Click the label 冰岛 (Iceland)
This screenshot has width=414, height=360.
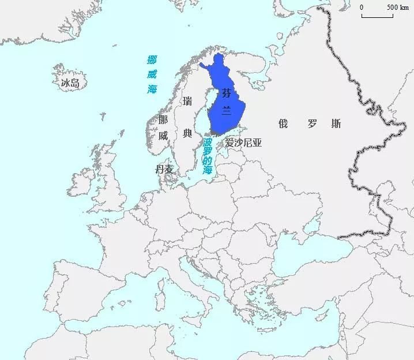tap(70, 83)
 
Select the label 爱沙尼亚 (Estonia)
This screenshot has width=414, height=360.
tap(243, 142)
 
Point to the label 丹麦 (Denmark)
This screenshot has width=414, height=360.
tap(164, 169)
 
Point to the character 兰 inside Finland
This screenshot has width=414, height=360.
tap(226, 111)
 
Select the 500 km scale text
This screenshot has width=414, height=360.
tap(397, 7)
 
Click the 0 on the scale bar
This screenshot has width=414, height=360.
tap(362, 7)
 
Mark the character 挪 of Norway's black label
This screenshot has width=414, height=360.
tap(163, 120)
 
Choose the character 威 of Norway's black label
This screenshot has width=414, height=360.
tap(163, 136)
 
